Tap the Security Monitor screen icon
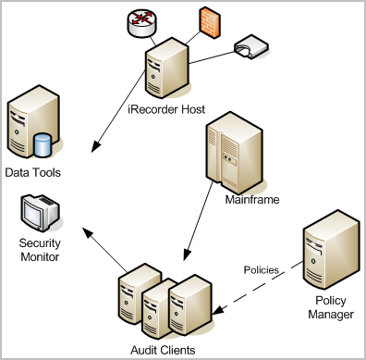pyautogui.click(x=38, y=213)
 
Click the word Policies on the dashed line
pyautogui.click(x=262, y=270)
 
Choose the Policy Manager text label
pyautogui.click(x=332, y=307)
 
